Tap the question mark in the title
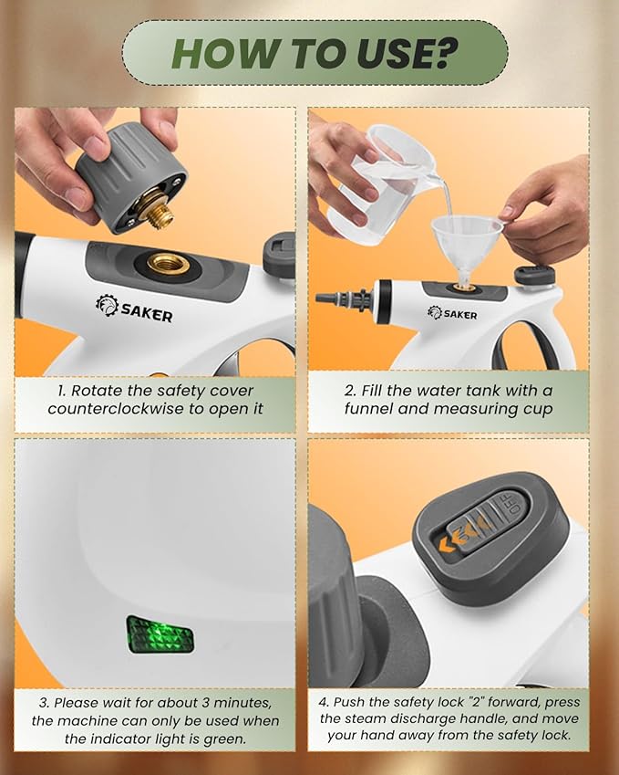pos(445,53)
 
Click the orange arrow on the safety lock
pos(449,547)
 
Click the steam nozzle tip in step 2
pos(326,298)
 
